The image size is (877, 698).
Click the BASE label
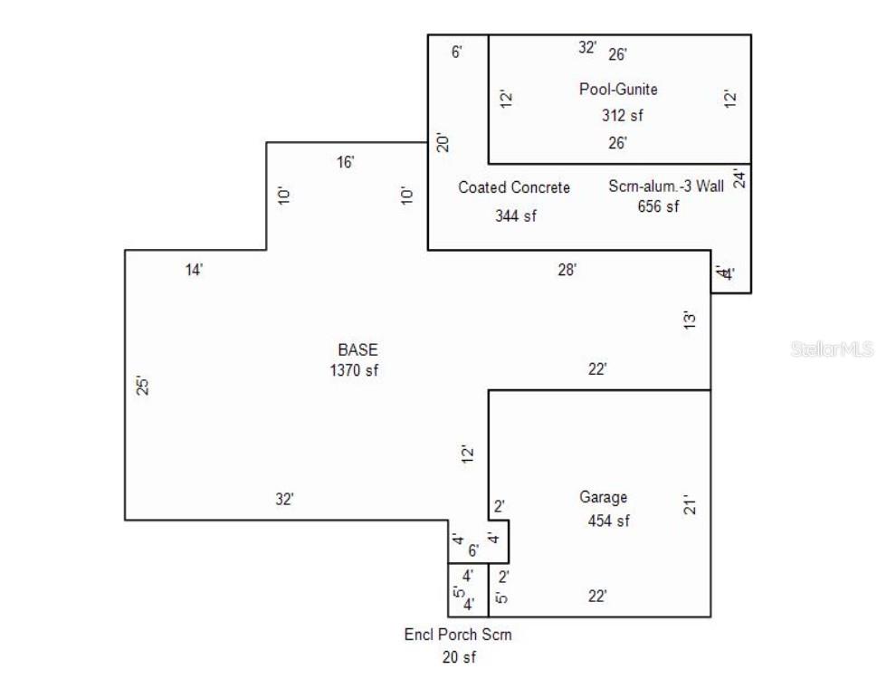(357, 349)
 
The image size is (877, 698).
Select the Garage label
(603, 497)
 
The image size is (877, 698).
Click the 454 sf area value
(608, 521)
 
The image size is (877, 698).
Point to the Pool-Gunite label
(618, 89)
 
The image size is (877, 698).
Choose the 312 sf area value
(622, 115)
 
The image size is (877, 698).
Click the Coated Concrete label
(514, 187)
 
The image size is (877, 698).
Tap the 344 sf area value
(515, 215)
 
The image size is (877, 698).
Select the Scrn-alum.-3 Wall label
(666, 186)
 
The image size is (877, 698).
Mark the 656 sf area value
(658, 206)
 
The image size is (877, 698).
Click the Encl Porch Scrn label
(457, 634)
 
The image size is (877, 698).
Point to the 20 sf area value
(458, 658)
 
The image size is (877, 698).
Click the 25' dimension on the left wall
(142, 386)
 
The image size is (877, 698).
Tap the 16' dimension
(345, 162)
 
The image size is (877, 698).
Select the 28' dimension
(567, 269)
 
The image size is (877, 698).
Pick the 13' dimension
(690, 319)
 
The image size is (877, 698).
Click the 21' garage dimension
(690, 505)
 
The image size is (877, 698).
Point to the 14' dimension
(194, 270)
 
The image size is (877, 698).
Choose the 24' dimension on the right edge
(739, 178)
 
